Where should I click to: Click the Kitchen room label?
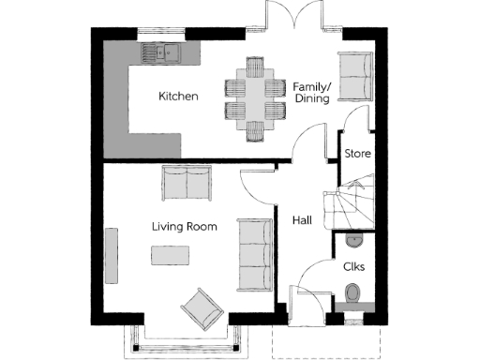pyautogui.click(x=177, y=97)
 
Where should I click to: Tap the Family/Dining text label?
pyautogui.click(x=310, y=90)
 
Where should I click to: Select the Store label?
pyautogui.click(x=357, y=153)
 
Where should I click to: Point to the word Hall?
pyautogui.click(x=302, y=220)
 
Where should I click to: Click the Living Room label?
pyautogui.click(x=185, y=226)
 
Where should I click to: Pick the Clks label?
pyautogui.click(x=354, y=267)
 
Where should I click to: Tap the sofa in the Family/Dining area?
pyautogui.click(x=355, y=76)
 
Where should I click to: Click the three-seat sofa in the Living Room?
pyautogui.click(x=253, y=253)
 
